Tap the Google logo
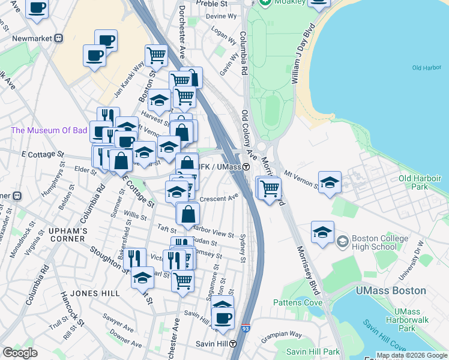point(20,353)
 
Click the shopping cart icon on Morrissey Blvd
point(270,188)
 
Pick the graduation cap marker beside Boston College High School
point(322,232)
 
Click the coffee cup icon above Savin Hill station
point(223,317)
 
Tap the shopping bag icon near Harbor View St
point(188,214)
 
